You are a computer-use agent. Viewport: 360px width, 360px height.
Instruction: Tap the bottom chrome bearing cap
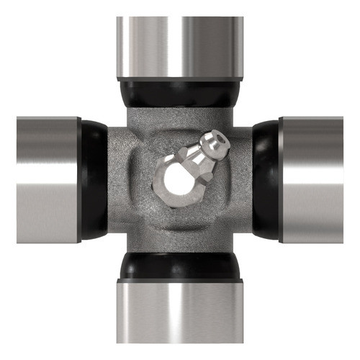[180, 317]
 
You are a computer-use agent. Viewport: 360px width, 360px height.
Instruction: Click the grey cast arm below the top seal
[155, 119]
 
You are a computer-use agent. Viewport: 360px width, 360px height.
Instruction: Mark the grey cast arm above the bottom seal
[180, 241]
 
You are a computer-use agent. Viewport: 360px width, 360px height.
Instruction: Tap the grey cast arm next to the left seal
[119, 180]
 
